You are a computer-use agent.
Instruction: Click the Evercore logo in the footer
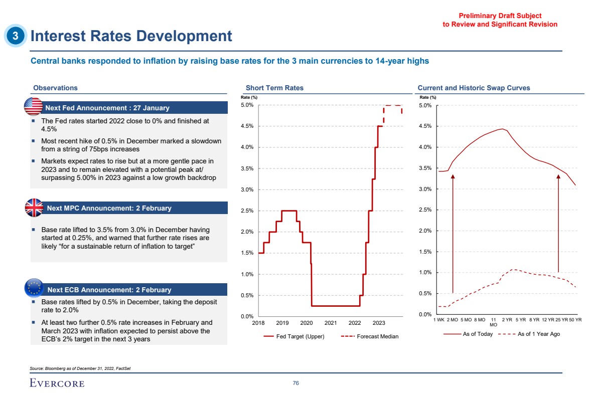[57, 383]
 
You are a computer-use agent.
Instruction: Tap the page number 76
[296, 383]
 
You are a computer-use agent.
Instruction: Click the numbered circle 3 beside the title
[16, 36]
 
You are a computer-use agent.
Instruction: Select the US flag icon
[33, 107]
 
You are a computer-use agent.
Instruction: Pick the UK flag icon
[34, 208]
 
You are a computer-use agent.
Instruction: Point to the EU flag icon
[34, 288]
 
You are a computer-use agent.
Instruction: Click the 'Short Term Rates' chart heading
[274, 88]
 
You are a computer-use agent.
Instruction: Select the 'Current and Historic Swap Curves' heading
[474, 88]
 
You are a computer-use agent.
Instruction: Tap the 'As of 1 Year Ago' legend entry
[538, 334]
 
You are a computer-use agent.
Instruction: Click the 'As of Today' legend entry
[478, 334]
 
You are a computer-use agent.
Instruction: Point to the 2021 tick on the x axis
[330, 323]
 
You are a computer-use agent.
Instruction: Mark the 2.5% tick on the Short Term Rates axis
[247, 211]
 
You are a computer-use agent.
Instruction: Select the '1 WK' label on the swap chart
[439, 319]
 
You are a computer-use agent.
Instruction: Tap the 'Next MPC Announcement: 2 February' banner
[109, 208]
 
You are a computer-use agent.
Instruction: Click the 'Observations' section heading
[55, 88]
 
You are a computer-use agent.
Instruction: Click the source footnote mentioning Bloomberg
[80, 368]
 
